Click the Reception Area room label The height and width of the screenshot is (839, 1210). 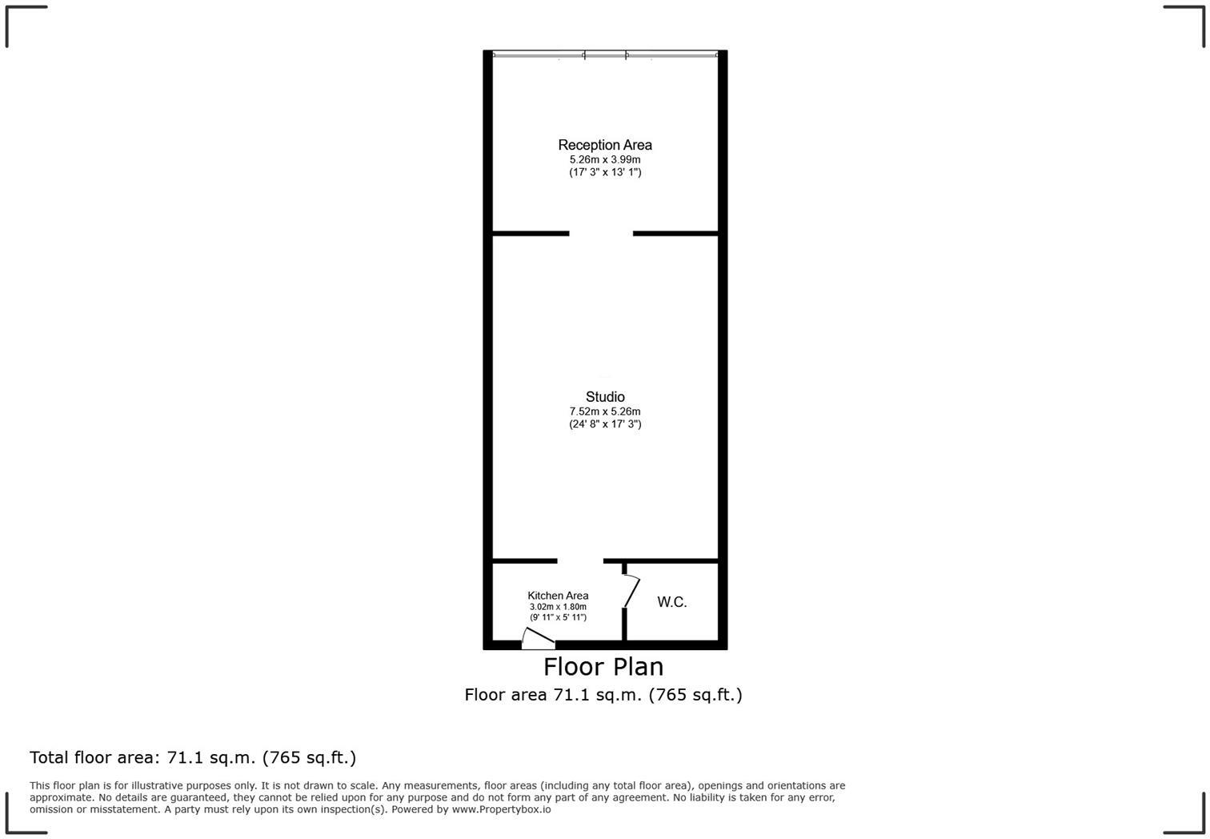tap(605, 145)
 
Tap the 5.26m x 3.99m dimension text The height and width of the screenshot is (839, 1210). tap(605, 159)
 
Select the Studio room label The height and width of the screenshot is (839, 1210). tap(605, 396)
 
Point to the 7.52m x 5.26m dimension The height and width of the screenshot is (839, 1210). tap(605, 411)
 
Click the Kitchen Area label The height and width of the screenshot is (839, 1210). tap(558, 596)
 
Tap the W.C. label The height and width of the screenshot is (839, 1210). tap(672, 602)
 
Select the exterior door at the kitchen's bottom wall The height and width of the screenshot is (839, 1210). tap(538, 639)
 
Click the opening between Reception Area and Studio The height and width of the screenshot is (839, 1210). tap(601, 234)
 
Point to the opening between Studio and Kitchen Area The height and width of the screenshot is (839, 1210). tap(580, 561)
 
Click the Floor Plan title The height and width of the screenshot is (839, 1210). tap(603, 667)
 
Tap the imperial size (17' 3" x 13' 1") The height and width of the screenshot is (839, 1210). tap(605, 172)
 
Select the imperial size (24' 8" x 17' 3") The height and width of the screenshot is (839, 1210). tap(605, 424)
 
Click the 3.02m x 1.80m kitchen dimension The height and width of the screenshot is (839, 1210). tap(558, 607)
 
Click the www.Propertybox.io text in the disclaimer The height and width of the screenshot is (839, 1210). tap(501, 809)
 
